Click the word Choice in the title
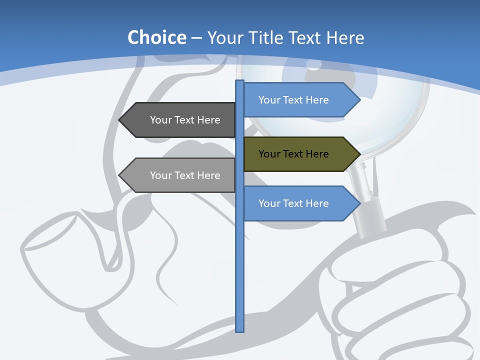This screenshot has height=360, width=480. click(x=156, y=38)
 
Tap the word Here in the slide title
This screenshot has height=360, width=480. click(x=345, y=38)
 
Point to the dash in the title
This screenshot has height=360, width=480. click(x=196, y=38)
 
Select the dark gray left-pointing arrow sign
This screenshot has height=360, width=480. click(x=180, y=120)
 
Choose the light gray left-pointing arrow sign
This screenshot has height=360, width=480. click(x=180, y=175)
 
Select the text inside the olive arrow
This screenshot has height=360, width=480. click(x=293, y=154)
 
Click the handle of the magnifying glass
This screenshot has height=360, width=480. click(x=370, y=210)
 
